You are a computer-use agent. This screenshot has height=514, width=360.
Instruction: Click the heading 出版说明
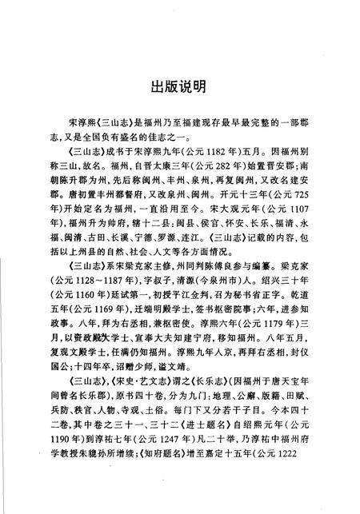[180, 83]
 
